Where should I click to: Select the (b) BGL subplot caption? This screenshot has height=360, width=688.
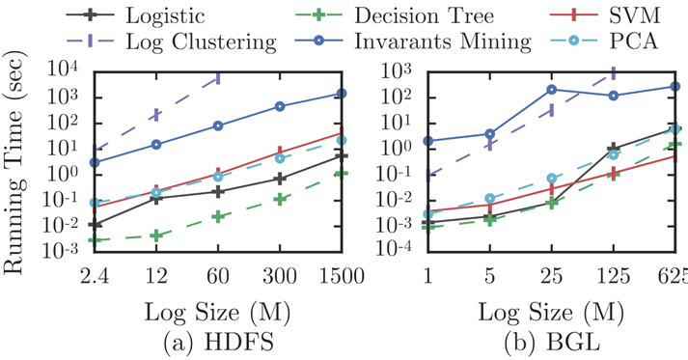pos(551,343)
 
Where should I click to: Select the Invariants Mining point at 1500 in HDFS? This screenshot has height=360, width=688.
pos(342,94)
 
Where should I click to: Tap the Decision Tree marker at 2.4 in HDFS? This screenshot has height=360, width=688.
pos(95,239)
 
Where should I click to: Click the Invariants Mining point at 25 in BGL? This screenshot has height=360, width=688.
pos(551,90)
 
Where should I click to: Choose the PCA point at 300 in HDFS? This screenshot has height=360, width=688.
pos(280,158)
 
